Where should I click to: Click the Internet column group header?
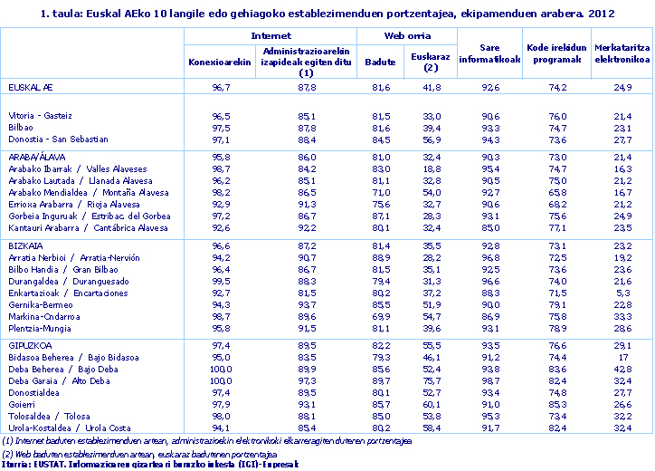coord(271,35)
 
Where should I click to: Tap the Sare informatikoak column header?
coord(489,54)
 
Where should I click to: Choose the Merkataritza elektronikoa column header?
coord(622,54)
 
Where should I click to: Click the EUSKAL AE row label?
coord(30,87)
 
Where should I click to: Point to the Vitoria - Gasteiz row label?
coord(40,116)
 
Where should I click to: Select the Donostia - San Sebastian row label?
coord(58,139)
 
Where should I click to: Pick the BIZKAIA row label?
coord(24,245)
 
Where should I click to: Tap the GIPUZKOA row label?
coord(29,346)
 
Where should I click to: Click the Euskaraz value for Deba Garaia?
coord(432,380)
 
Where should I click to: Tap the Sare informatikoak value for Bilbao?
coord(490,128)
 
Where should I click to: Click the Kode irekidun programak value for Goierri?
coord(558,404)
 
